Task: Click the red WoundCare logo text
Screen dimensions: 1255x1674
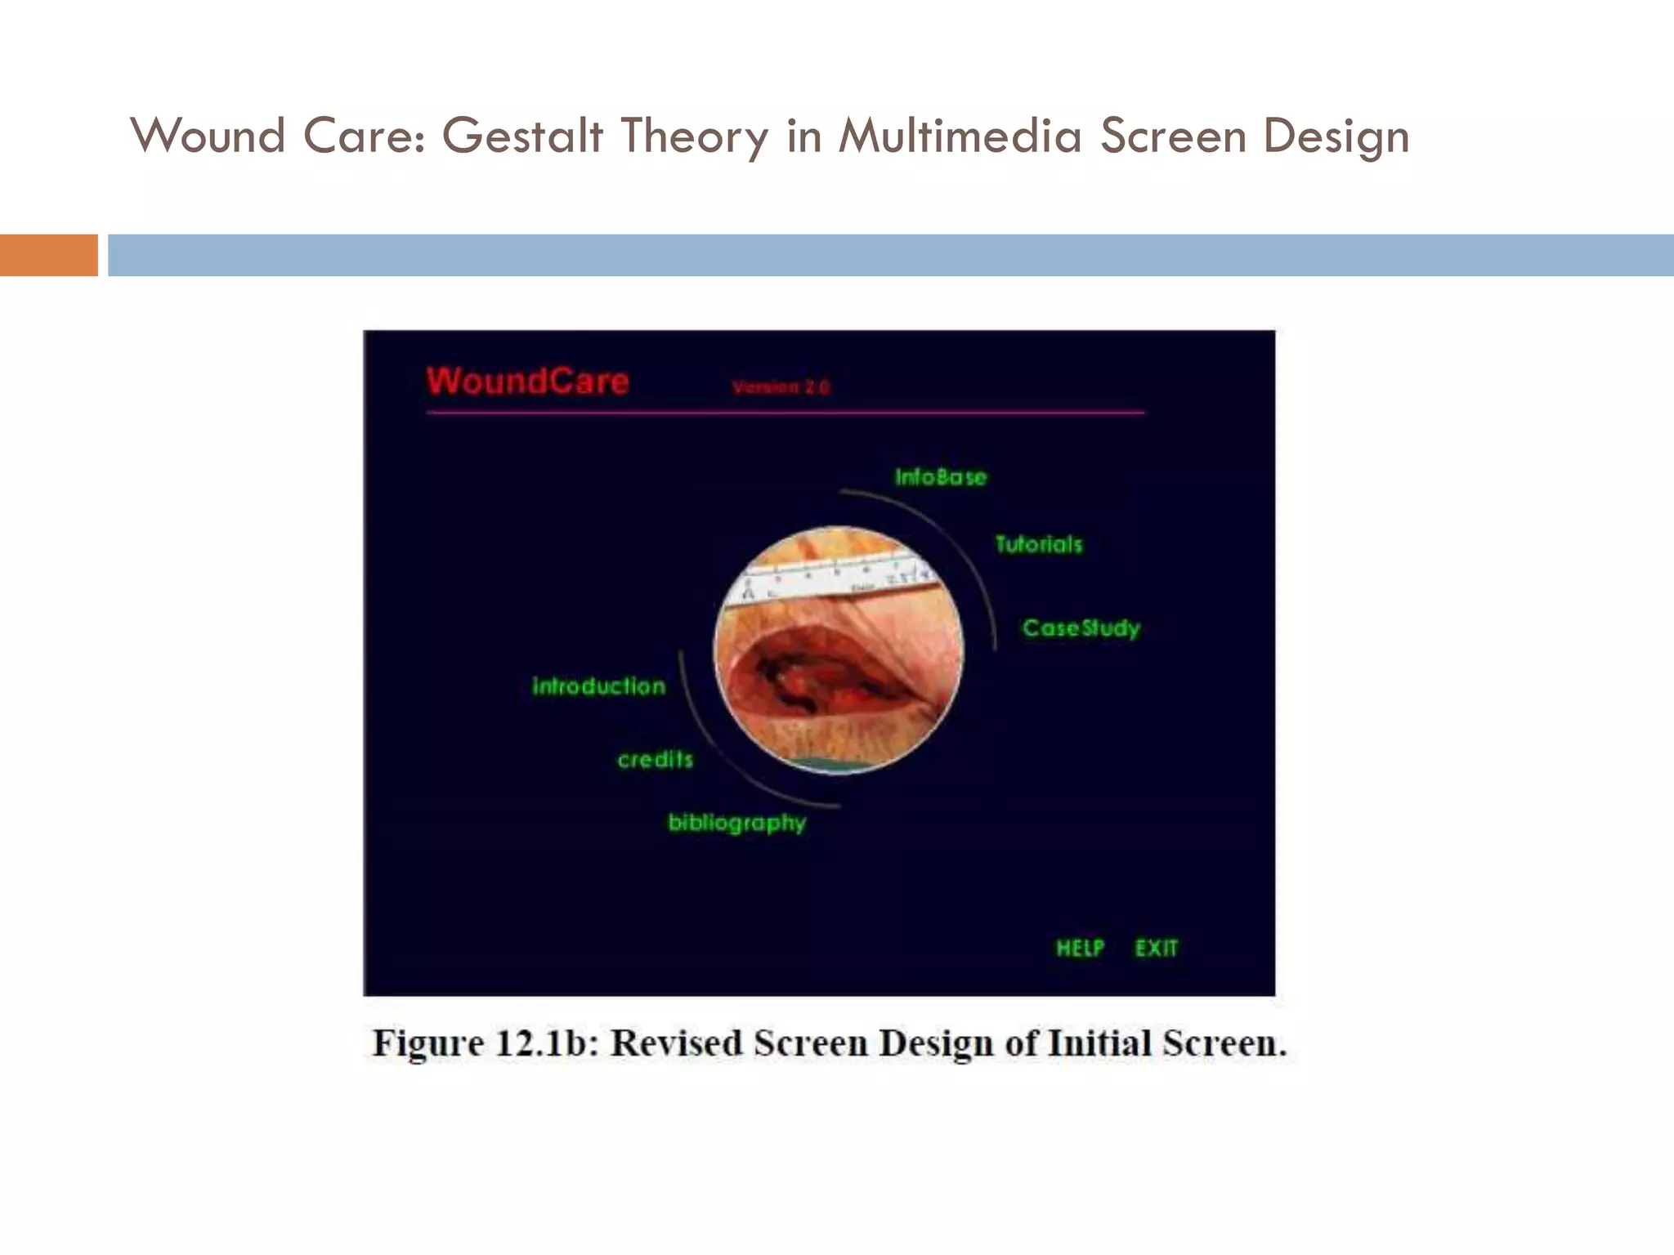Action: tap(527, 382)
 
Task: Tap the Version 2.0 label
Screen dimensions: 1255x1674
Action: tap(781, 387)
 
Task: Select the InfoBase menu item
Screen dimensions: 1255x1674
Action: tap(940, 477)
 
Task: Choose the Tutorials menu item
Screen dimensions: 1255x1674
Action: tap(1038, 544)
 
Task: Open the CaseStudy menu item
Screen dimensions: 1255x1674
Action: tap(1081, 628)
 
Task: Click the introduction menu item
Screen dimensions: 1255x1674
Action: tap(598, 686)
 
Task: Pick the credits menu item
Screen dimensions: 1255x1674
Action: tap(655, 760)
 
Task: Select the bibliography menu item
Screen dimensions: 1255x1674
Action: tap(736, 823)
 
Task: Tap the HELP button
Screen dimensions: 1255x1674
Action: tap(1080, 948)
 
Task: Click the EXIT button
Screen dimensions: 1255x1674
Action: tap(1156, 948)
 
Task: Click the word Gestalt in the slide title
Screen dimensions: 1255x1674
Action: tap(523, 136)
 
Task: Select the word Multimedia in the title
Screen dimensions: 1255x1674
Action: tap(960, 136)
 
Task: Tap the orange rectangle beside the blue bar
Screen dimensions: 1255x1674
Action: tap(48, 255)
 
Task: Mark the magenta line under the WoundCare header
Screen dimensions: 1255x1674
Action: tap(785, 413)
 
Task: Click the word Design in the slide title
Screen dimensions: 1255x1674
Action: tap(1336, 136)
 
